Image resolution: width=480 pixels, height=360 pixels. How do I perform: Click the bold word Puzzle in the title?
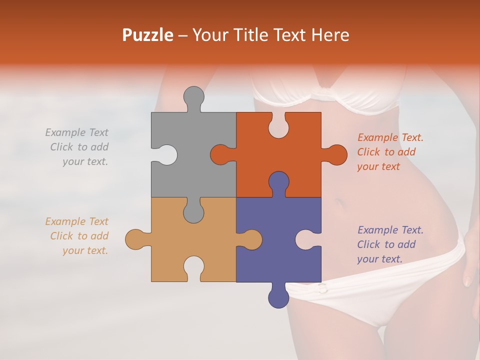[x=148, y=35]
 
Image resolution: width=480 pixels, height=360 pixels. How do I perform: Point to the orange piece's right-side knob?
[x=336, y=154]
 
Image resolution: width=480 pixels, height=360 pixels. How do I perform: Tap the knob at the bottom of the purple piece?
[x=278, y=297]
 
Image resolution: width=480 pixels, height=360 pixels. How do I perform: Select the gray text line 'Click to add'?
[x=79, y=147]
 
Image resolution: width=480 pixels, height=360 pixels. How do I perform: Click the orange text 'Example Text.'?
[x=390, y=137]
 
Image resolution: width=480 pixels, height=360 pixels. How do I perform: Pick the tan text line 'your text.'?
[x=85, y=250]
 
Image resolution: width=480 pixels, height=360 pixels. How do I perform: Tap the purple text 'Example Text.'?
[x=390, y=230]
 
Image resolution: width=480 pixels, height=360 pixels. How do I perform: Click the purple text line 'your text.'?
[x=379, y=259]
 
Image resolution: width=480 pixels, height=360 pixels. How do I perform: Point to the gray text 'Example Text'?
[x=76, y=132]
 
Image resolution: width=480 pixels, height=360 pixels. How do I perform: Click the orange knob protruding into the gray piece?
[x=221, y=154]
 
